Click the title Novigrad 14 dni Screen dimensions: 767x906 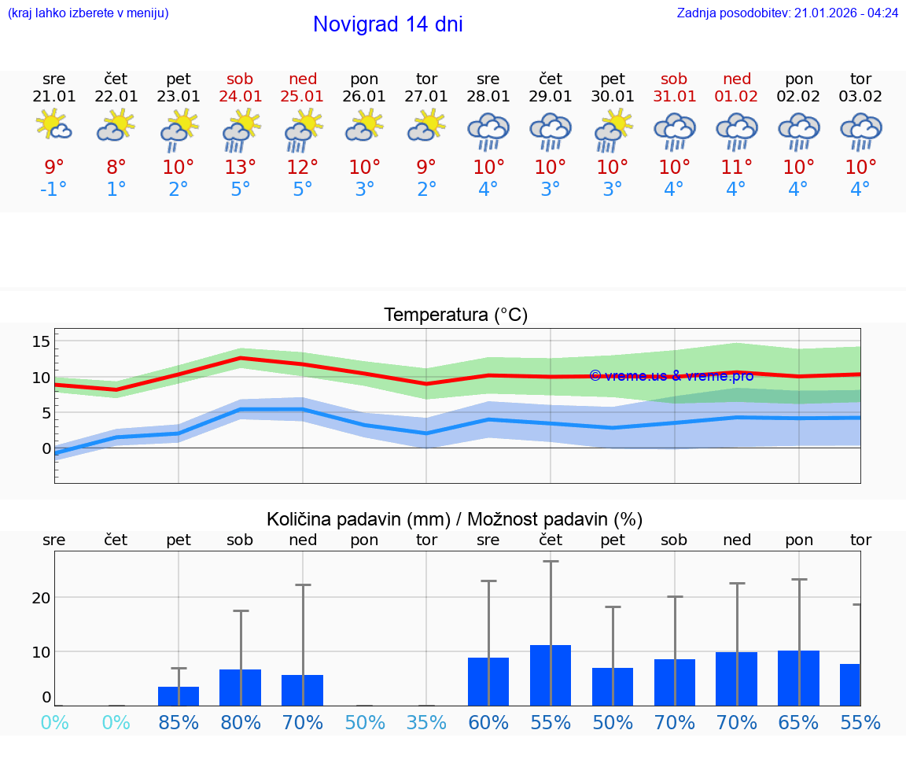click(x=388, y=24)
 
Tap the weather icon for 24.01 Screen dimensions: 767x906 click(x=241, y=130)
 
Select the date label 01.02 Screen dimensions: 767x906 click(x=736, y=97)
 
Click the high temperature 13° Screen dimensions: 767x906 click(x=241, y=167)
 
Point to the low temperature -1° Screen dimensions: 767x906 click(x=53, y=190)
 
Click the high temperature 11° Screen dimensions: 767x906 click(x=736, y=167)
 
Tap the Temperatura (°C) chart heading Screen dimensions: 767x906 click(x=455, y=315)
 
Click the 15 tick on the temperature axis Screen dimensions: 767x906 click(x=41, y=341)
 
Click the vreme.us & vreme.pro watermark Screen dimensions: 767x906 click(x=671, y=375)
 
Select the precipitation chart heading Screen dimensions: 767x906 click(x=455, y=519)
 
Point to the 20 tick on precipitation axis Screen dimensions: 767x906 click(x=41, y=598)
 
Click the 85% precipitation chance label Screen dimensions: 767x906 click(x=179, y=722)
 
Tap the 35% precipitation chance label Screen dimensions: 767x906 click(x=426, y=722)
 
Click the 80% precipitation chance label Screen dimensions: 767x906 click(x=241, y=722)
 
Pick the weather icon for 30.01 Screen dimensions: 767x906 click(x=613, y=130)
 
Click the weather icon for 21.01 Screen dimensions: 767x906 click(x=53, y=126)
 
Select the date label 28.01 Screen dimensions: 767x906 click(x=488, y=97)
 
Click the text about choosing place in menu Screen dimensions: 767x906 click(x=88, y=13)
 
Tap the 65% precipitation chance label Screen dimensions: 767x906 click(x=798, y=722)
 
